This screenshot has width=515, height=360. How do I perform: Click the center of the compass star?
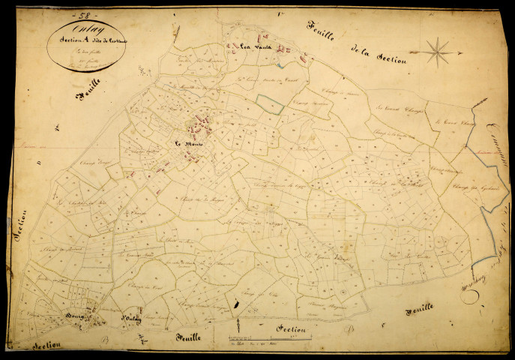(x=439, y=52)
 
